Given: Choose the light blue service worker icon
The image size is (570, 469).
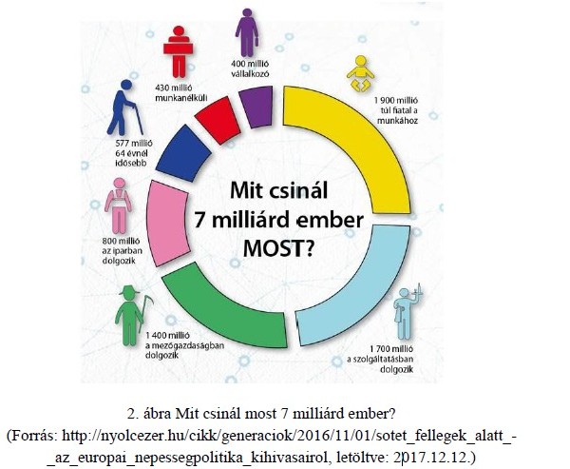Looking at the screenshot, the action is coord(407,314).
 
